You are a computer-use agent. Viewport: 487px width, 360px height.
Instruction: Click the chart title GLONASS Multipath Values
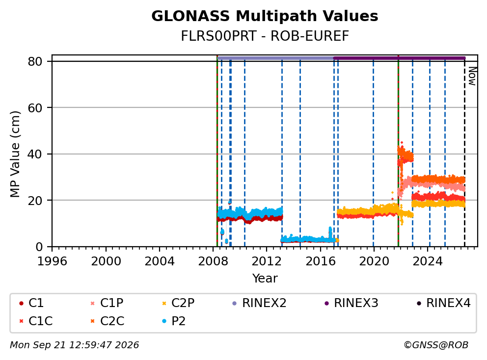265,16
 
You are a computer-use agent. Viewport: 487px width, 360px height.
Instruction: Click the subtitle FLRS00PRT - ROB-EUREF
265,36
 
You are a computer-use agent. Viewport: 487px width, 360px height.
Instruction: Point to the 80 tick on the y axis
35,61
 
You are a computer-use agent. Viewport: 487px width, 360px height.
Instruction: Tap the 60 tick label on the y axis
35,108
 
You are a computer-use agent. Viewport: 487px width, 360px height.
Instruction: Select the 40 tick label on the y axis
35,154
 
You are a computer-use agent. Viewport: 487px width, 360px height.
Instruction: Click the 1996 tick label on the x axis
52,261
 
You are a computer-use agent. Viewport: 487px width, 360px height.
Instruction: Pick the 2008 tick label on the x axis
213,261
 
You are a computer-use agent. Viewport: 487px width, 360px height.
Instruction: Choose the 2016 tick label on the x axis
320,261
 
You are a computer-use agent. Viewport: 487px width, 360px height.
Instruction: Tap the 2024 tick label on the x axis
428,261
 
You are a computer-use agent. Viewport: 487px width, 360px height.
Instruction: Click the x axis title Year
265,279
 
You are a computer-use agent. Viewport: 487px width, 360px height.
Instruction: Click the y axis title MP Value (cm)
15,154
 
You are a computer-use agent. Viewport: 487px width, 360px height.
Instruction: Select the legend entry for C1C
36,321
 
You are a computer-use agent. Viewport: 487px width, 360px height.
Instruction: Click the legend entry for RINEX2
259,303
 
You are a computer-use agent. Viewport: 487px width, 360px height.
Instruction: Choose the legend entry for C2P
178,303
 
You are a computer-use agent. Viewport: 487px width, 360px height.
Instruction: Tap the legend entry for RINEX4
443,303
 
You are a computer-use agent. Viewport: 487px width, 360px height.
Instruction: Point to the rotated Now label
472,76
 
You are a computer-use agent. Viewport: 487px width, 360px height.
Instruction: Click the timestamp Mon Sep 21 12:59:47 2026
75,345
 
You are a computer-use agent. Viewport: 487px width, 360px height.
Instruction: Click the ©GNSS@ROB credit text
436,345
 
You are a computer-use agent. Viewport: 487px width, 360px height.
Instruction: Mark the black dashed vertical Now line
464,152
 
